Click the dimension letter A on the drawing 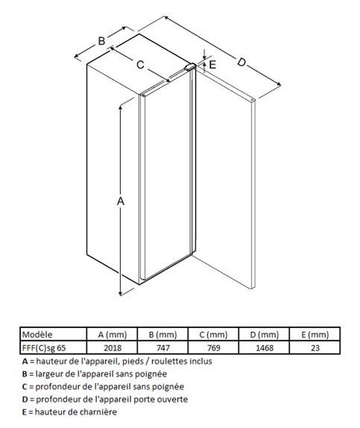click(121, 201)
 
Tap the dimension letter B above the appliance click(101, 41)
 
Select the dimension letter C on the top click(140, 65)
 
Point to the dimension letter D click(241, 62)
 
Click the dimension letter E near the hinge click(212, 64)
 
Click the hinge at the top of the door click(190, 66)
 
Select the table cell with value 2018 click(113, 347)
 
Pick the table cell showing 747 click(163, 347)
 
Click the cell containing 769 click(213, 347)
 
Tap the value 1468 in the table click(264, 347)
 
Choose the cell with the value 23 click(315, 347)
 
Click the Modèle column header click(37, 334)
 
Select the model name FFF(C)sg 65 click(44, 348)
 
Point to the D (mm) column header click(264, 335)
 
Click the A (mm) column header click(113, 335)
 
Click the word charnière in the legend click(99, 412)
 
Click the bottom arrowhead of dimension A click(121, 293)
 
